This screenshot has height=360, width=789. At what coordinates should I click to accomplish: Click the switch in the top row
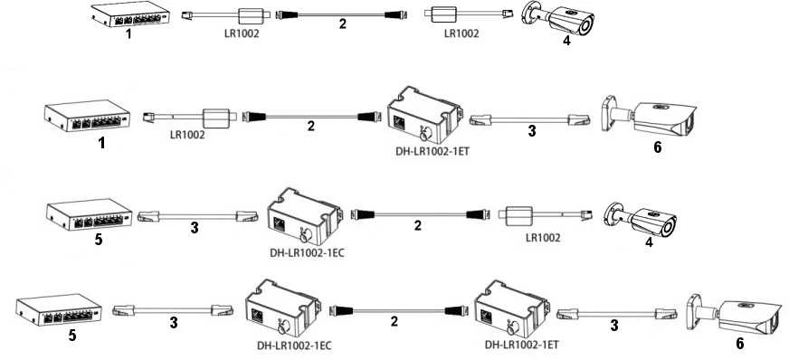(130, 14)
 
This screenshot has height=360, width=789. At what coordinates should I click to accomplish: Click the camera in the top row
(557, 17)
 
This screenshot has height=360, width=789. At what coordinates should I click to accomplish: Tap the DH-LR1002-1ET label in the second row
(433, 151)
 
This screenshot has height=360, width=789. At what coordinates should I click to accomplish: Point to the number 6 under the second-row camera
(657, 147)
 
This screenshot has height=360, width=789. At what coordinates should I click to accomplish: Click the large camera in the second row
(649, 118)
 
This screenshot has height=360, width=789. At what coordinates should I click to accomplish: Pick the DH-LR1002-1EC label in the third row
(307, 253)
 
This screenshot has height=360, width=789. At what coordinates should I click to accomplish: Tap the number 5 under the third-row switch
(99, 240)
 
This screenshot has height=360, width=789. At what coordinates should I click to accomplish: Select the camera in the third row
(640, 219)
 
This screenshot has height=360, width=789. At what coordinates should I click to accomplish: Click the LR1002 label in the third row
(543, 238)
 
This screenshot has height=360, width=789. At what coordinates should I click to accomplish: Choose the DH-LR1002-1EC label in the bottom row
(294, 346)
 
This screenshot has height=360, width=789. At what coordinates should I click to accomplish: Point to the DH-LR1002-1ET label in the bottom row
(522, 345)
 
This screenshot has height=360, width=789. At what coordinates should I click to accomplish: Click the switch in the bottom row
(59, 309)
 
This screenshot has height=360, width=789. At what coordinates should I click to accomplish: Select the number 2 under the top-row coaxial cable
(343, 24)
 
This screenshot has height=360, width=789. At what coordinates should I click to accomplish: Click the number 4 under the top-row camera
(567, 42)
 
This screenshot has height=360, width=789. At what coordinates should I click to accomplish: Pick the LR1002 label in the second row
(187, 135)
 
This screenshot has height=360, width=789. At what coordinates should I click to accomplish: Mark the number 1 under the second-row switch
(101, 143)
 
